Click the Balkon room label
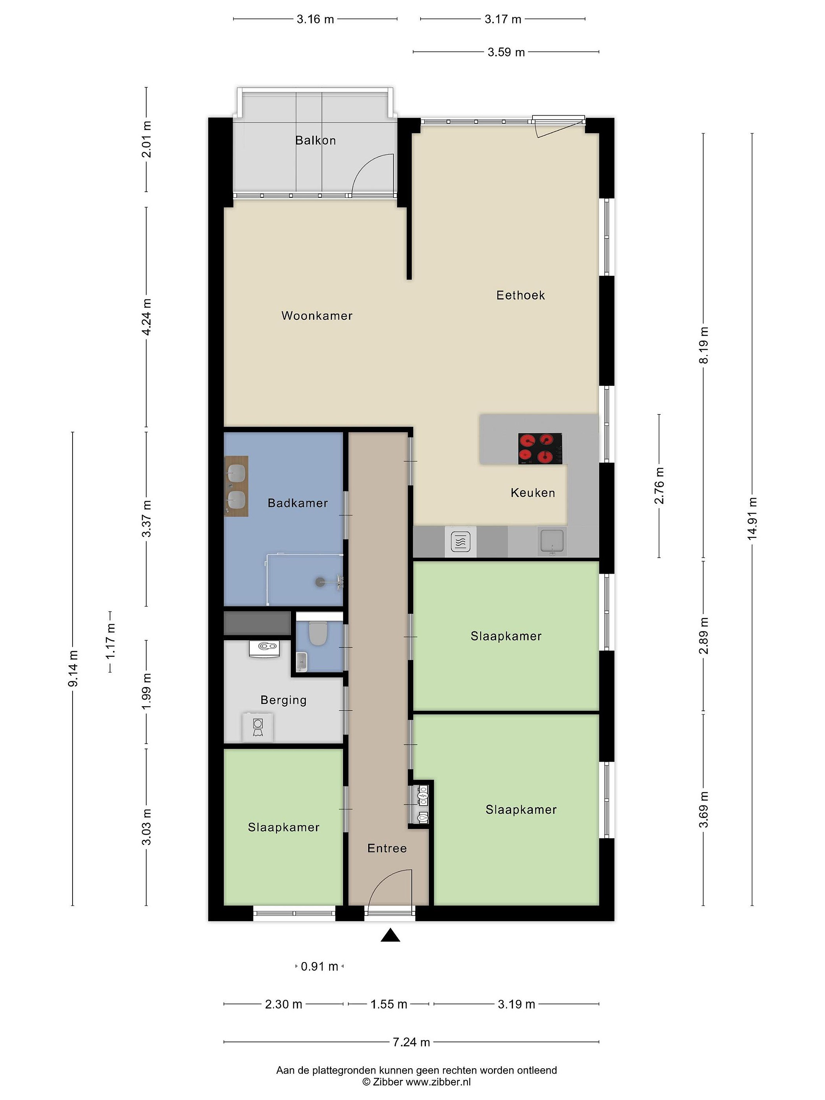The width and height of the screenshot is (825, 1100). click(315, 140)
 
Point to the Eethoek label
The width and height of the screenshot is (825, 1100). click(521, 295)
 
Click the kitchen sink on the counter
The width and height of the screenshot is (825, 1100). click(552, 541)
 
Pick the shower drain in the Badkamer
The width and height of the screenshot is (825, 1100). click(320, 581)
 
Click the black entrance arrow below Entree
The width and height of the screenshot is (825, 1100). click(390, 935)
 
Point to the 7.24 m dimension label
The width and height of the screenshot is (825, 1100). click(411, 1042)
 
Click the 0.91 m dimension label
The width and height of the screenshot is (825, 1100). click(319, 966)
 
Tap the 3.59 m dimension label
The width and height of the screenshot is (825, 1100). click(506, 52)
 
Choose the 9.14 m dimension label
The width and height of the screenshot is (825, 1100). click(73, 668)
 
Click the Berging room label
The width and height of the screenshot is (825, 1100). click(283, 700)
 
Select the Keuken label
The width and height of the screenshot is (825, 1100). click(532, 493)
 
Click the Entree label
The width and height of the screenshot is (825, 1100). click(387, 848)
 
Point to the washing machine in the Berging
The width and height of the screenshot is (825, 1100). click(257, 727)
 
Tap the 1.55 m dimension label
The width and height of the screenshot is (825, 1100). click(389, 1004)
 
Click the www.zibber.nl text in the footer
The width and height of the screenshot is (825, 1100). click(438, 1082)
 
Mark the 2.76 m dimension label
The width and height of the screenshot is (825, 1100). click(659, 485)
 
